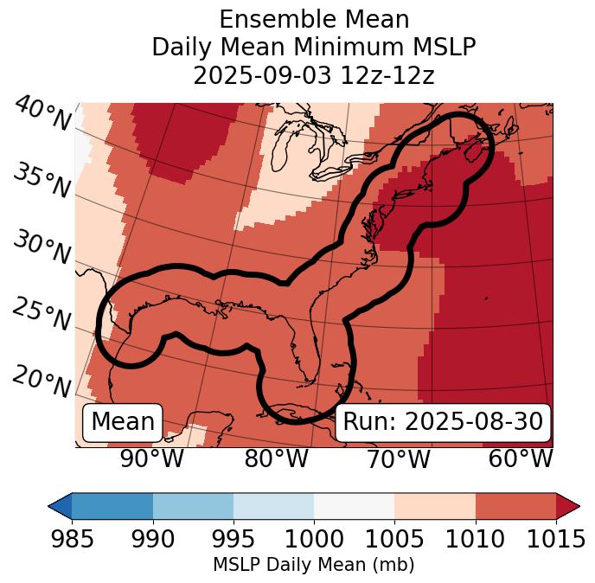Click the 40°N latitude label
[42, 114]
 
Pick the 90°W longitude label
[152, 459]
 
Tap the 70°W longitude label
[398, 459]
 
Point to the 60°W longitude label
[521, 459]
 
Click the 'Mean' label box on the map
[123, 422]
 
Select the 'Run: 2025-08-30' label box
[443, 422]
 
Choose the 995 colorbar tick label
[234, 539]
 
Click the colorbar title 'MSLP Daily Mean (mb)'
[314, 566]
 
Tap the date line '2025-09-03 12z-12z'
[314, 75]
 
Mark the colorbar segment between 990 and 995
[193, 505]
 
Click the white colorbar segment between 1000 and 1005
[354, 505]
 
